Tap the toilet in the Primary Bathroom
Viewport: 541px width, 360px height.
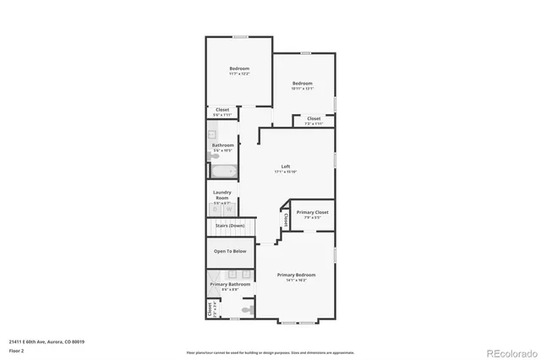click(x=246, y=310)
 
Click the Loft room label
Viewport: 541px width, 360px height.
click(x=285, y=166)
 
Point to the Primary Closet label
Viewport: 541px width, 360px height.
click(x=313, y=212)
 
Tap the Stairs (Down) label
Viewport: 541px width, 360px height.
click(x=229, y=226)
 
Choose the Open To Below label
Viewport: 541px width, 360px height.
click(x=230, y=251)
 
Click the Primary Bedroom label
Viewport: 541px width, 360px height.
click(x=297, y=275)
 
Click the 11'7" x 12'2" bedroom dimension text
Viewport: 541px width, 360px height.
click(x=238, y=74)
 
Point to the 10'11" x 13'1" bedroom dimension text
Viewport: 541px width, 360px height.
click(x=303, y=89)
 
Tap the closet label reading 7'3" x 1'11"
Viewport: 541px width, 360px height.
click(x=314, y=123)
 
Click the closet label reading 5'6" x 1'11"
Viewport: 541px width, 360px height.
click(x=222, y=115)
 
